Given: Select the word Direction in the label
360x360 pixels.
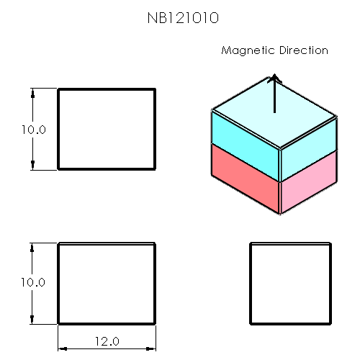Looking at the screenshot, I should coord(302,50).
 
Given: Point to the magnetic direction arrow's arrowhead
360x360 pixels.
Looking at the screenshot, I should coord(274,78).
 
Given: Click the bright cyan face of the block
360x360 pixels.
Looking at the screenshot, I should coord(246,137).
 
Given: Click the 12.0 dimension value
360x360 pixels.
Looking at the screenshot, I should coord(106,341).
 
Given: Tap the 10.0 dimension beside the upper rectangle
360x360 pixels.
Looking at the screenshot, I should coord(33,130).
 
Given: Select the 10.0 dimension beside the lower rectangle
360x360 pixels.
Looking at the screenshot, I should coord(33,283).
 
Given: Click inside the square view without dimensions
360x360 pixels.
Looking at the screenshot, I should coord(290,283).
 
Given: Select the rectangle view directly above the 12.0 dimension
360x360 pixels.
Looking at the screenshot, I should coord(107,283).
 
